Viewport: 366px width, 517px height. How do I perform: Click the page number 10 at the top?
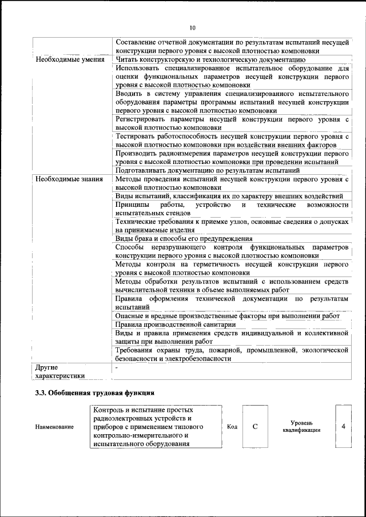click(x=192, y=27)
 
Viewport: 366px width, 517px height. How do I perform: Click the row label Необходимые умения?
click(x=69, y=59)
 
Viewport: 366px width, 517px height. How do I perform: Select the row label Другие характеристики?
click(x=60, y=371)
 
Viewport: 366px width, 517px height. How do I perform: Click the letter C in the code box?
click(x=255, y=426)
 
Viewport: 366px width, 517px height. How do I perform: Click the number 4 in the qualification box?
click(x=343, y=426)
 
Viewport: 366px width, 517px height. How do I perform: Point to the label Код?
click(x=232, y=427)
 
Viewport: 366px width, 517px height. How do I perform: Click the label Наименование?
click(x=54, y=427)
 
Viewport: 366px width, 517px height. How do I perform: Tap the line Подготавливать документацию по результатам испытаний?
click(x=208, y=170)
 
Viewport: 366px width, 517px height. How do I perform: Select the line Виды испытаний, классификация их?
click(x=229, y=196)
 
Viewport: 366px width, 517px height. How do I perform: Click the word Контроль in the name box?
click(x=110, y=410)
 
